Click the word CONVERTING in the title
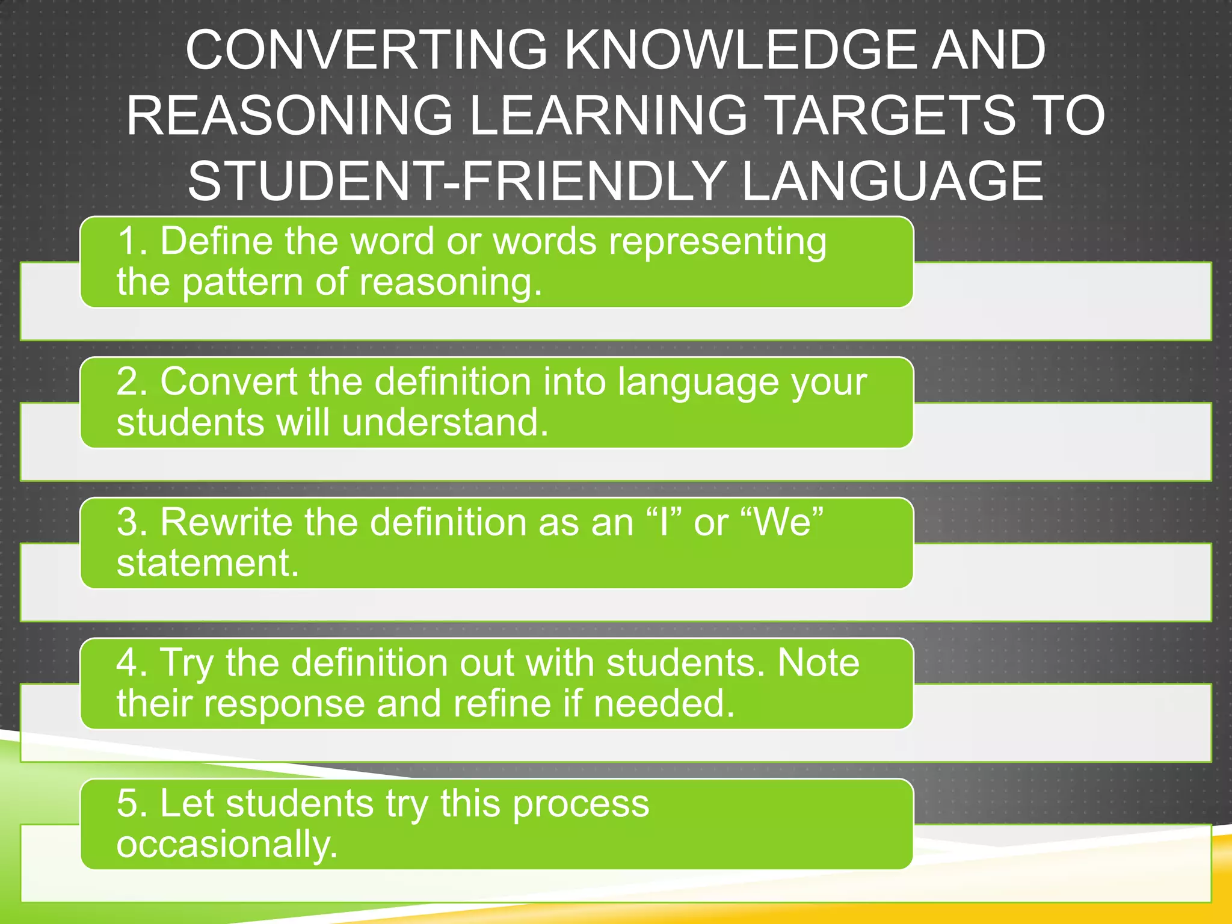click(x=366, y=51)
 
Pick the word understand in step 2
click(x=445, y=422)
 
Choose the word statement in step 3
click(x=208, y=564)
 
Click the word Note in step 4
click(x=818, y=663)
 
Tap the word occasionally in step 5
click(x=227, y=845)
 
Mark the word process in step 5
click(x=581, y=805)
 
